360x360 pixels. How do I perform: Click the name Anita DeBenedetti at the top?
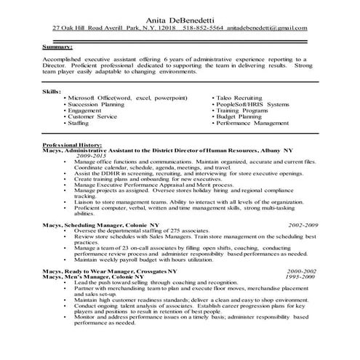(x=180, y=17)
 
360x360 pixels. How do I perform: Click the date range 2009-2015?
(x=92, y=156)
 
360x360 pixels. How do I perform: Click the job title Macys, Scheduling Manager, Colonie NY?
(x=98, y=225)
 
